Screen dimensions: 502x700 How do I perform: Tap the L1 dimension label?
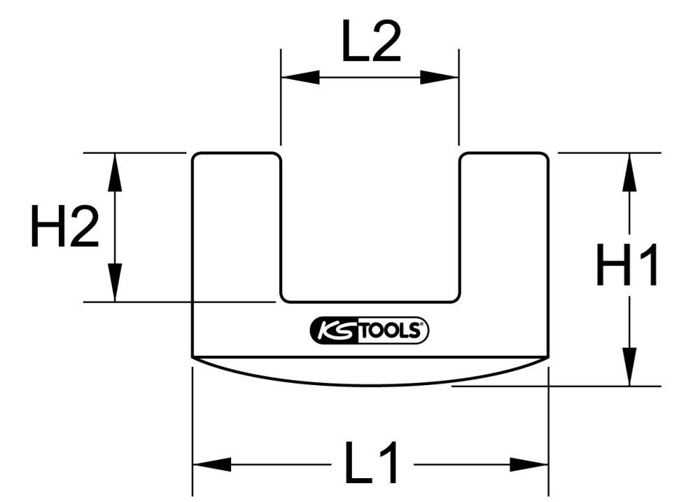[x=371, y=464]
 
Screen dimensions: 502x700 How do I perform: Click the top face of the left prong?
[x=237, y=153]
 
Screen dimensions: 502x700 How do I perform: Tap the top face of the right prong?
[x=504, y=153]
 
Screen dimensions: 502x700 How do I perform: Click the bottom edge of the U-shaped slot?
[x=370, y=302]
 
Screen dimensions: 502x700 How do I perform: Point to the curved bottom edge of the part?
[x=370, y=384]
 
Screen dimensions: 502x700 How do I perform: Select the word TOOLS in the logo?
[x=389, y=331]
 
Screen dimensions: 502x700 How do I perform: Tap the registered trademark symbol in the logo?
[x=423, y=326]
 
